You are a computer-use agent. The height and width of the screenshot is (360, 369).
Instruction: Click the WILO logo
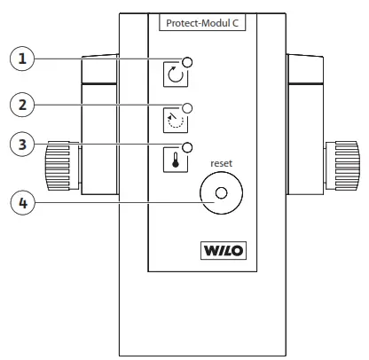point(220,250)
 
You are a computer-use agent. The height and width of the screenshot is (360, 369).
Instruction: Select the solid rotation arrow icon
point(176,76)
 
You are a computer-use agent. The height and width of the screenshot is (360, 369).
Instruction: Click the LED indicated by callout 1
point(188,62)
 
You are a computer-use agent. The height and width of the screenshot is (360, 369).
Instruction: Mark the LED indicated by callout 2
point(188,107)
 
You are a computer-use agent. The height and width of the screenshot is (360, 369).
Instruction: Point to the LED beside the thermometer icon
point(188,147)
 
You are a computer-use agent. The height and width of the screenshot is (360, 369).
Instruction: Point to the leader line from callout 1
point(106,59)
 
